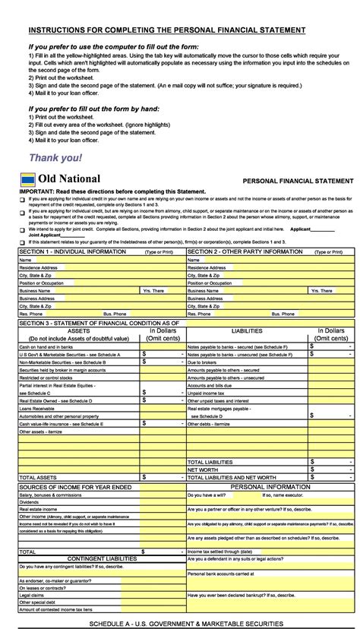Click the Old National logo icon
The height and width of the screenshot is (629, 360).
point(27,179)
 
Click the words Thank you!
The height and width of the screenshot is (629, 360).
point(55,158)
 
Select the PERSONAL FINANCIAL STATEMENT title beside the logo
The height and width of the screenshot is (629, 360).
point(298,182)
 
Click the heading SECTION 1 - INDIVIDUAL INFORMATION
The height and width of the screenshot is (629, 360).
point(73,251)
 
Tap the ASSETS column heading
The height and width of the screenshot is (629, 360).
point(79,331)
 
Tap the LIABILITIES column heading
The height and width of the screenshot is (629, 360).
point(248,331)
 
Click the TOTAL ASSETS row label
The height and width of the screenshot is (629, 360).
point(38,477)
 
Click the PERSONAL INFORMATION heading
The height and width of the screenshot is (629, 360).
point(270,485)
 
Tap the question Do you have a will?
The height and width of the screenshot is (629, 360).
point(209,494)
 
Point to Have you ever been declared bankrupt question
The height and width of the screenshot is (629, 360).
point(240,596)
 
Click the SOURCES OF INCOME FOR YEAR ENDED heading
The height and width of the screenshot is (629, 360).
point(75,485)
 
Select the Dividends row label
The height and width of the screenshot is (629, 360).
point(30,501)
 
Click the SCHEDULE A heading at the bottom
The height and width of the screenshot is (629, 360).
point(186,624)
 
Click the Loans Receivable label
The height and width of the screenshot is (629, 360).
point(38,409)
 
